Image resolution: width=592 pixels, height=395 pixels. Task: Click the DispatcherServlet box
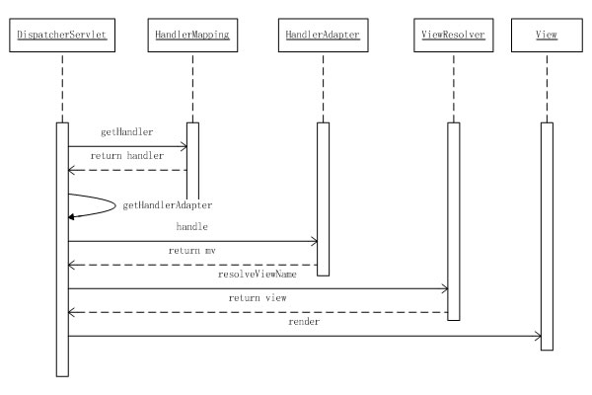pos(61,36)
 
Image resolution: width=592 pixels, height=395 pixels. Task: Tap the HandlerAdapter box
pos(322,36)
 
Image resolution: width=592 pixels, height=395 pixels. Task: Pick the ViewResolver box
pos(452,36)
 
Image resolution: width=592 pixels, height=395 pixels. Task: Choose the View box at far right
pos(547,36)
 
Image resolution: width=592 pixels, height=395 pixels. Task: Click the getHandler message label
pos(123,130)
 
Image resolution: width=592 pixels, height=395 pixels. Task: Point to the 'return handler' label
pos(127,156)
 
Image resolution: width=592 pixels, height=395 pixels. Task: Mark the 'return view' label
pos(255,296)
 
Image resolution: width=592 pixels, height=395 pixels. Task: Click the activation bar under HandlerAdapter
pos(322,197)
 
